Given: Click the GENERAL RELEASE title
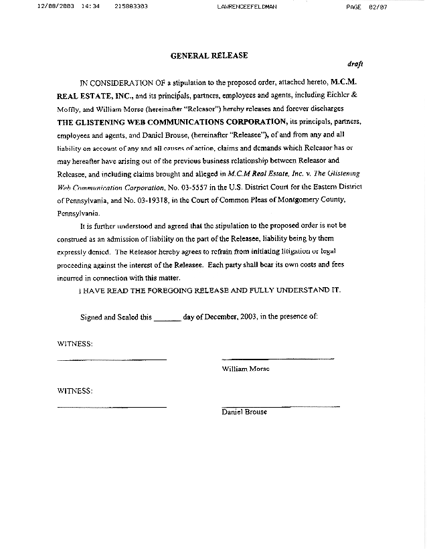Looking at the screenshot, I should pyautogui.click(x=209, y=56).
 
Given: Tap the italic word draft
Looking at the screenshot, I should pyautogui.click(x=355, y=64).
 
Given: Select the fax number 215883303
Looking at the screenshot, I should pyautogui.click(x=131, y=6).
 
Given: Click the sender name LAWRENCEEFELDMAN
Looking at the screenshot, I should pyautogui.click(x=247, y=6).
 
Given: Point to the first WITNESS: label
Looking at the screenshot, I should pyautogui.click(x=75, y=344).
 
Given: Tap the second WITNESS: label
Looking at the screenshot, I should pyautogui.click(x=75, y=390).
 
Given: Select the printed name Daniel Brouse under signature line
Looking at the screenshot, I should pyautogui.click(x=244, y=412).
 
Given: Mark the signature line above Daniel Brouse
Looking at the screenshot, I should pyautogui.click(x=280, y=406).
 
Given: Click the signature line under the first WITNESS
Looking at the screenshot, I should pyautogui.click(x=112, y=360).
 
